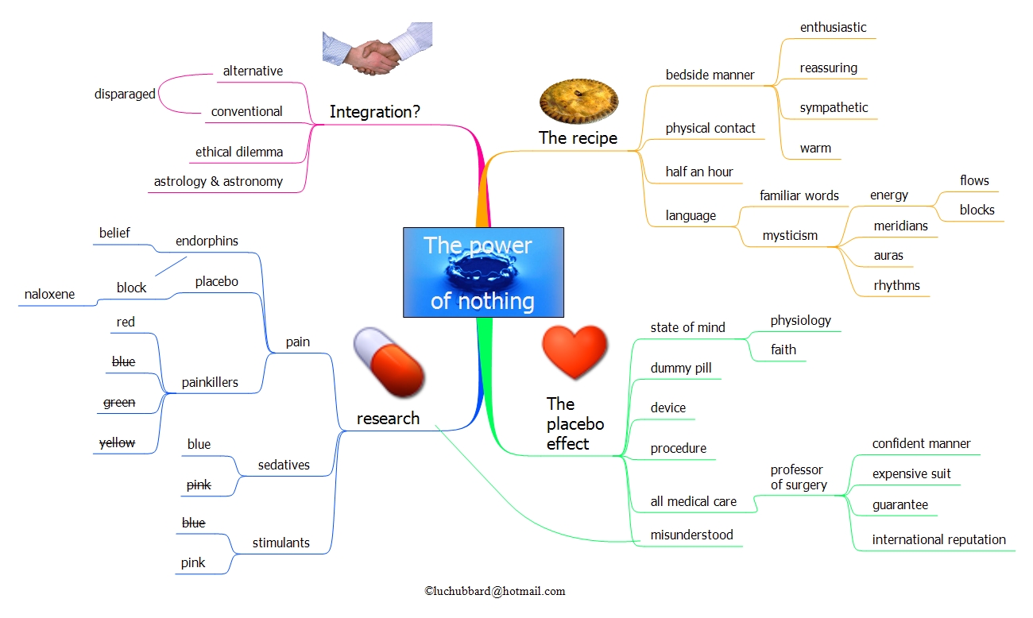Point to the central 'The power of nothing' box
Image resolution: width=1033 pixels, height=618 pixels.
pos(483,272)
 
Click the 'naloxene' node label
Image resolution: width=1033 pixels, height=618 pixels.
pos(49,294)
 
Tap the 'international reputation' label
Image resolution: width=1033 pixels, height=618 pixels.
pos(938,540)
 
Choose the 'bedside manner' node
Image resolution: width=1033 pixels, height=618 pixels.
pos(710,75)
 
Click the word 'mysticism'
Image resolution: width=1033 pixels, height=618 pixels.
pos(790,235)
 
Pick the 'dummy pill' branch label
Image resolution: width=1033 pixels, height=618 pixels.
pos(681,368)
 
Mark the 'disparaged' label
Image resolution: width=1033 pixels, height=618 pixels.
pos(125,94)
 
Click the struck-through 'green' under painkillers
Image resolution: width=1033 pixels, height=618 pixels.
pos(119,403)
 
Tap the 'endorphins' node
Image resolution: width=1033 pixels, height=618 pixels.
pos(207,241)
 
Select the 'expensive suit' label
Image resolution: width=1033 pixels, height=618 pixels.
pos(911,474)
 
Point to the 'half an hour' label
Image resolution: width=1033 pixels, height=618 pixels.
pos(699,172)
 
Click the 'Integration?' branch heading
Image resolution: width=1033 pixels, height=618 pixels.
pos(375,113)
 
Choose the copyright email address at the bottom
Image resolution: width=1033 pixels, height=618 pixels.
pos(495,591)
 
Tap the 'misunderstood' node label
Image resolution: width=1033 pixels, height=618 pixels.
pos(691,535)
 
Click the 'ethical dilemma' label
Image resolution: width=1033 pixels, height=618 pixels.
pos(239,152)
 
